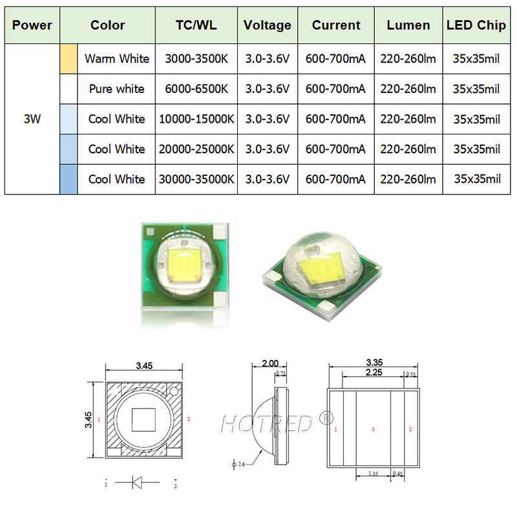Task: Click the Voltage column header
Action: [x=267, y=26]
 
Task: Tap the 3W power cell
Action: [x=32, y=119]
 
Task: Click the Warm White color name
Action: [x=116, y=59]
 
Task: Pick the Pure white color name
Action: [x=116, y=89]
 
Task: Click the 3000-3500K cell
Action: [x=196, y=59]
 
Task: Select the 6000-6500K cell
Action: [x=196, y=89]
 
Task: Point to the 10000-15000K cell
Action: [x=196, y=119]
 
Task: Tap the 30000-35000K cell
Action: [x=196, y=179]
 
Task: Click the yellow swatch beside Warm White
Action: [x=69, y=59]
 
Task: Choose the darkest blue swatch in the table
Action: [x=69, y=179]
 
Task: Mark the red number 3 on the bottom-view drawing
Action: [x=373, y=429]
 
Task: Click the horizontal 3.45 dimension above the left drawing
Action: [x=144, y=366]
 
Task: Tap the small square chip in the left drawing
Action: [x=143, y=421]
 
